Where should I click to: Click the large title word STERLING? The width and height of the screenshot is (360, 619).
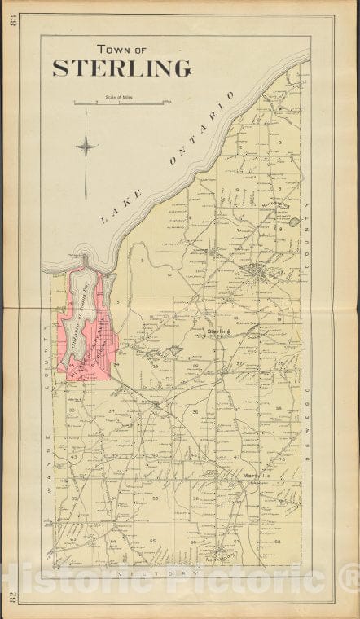tap(122, 68)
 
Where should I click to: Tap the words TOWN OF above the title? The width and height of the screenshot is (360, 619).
tap(122, 49)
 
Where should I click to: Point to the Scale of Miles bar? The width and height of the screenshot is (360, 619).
tap(123, 103)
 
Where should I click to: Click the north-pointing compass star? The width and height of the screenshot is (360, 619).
tap(86, 147)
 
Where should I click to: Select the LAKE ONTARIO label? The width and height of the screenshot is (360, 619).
tap(169, 157)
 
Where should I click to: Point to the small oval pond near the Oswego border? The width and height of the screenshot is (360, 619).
tap(293, 222)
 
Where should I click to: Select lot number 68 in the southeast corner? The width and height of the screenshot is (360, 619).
tap(277, 542)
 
